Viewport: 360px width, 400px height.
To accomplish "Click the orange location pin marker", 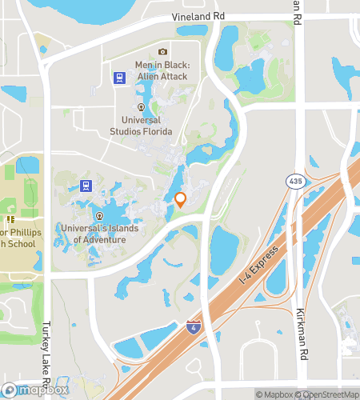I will point(181,200).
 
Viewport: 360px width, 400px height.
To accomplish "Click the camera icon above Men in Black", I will point(163,53).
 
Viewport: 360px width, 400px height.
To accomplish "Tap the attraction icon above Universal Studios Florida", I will point(141,106).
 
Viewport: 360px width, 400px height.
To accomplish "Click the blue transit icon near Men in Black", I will point(118,78).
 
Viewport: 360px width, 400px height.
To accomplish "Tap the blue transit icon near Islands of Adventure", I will point(86,186).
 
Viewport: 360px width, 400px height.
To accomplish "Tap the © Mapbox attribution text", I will point(274,394).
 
